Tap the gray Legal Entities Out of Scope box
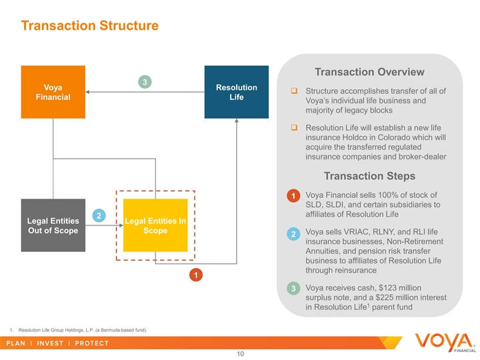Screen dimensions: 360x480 click(x=53, y=225)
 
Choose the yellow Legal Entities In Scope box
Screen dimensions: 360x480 click(x=155, y=225)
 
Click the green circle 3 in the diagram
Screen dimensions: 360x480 click(x=143, y=81)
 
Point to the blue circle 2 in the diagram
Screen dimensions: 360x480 click(x=98, y=216)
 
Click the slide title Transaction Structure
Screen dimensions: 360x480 click(x=89, y=26)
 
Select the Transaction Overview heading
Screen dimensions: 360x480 click(x=369, y=72)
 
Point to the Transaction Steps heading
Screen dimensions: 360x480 click(x=369, y=176)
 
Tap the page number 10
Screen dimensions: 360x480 click(x=240, y=354)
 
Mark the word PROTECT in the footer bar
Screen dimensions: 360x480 click(x=92, y=343)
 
